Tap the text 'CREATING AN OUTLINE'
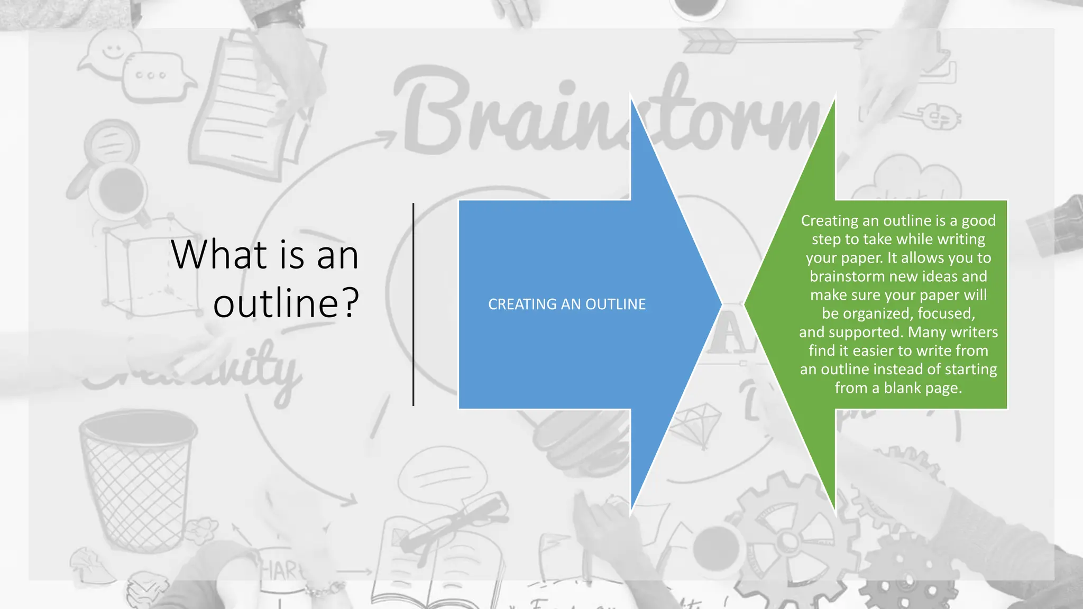click(566, 304)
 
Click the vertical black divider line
click(413, 304)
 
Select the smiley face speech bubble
click(111, 53)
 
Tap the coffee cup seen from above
click(120, 190)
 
